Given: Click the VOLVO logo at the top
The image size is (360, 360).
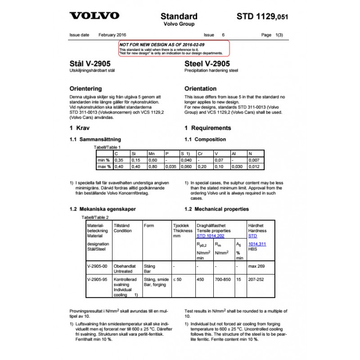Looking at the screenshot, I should (94, 16).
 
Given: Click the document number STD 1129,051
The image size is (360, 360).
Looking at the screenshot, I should (262, 17).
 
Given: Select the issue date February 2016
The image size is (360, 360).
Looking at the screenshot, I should (112, 35).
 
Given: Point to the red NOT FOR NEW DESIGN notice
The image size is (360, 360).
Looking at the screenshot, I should (174, 48).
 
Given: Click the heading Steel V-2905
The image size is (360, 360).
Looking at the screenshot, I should (207, 64).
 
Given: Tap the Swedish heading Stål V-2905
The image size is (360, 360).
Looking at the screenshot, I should (90, 64).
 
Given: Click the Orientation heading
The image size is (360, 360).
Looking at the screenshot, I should (200, 89).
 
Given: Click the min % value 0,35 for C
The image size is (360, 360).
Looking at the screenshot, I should (119, 160).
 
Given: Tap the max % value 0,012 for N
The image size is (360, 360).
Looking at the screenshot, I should (254, 166).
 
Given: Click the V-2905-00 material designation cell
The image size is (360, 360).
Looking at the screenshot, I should (97, 266).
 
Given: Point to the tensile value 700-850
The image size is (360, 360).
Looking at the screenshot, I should (223, 279).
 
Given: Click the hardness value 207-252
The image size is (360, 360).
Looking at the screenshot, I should (256, 279).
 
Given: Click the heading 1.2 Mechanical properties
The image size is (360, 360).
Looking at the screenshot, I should (216, 209).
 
